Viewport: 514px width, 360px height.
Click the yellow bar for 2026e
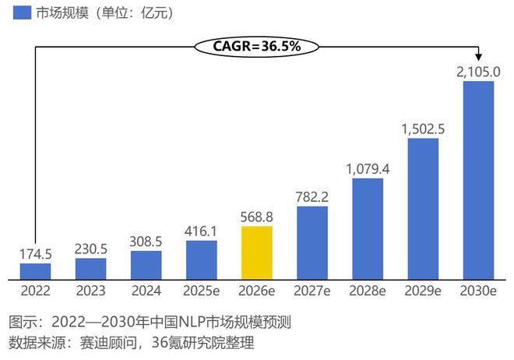[x=257, y=252]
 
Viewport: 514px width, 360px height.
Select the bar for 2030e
[x=478, y=180]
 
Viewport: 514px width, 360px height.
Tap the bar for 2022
[x=35, y=271]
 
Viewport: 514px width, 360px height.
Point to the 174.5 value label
[x=35, y=254]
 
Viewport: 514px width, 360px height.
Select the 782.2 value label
[x=312, y=197]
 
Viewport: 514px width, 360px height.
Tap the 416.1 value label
[x=202, y=231]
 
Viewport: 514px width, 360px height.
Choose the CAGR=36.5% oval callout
[x=257, y=46]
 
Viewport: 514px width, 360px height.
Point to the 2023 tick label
[x=90, y=291]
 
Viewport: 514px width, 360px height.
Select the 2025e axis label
[x=202, y=291]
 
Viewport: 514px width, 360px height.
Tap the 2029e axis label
[x=423, y=291]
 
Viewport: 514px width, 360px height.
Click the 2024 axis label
[x=146, y=291]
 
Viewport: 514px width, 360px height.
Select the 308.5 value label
[x=146, y=242]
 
